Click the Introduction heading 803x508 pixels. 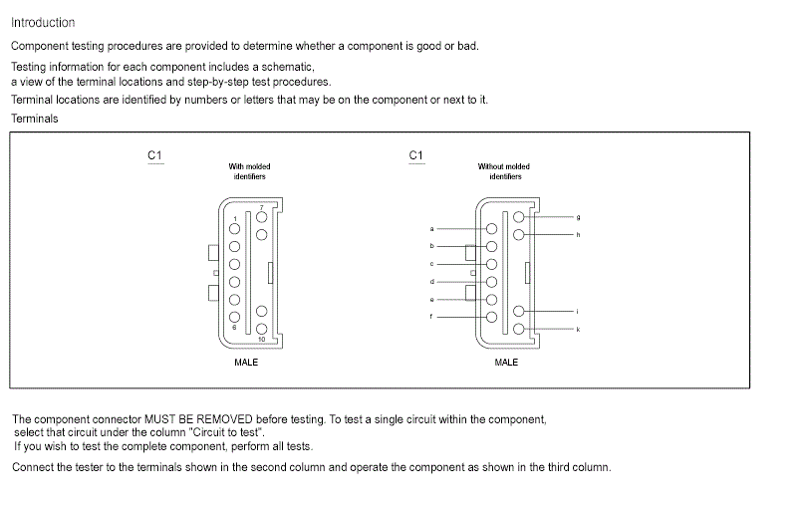pos(43,23)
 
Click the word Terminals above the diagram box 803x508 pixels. pos(35,119)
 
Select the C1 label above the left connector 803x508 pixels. pos(154,155)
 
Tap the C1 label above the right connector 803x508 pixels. pos(416,155)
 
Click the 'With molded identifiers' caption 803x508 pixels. pos(249,171)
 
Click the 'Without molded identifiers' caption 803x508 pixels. pos(505,171)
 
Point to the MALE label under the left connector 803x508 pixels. pos(246,362)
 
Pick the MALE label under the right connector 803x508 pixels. pos(506,362)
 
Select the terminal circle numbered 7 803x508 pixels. pos(262,216)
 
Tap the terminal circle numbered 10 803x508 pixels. pos(261,329)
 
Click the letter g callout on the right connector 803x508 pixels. pos(578,216)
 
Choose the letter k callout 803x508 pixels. pos(578,329)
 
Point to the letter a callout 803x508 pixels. pos(431,229)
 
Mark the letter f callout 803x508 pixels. pos(431,316)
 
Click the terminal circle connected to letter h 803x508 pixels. pos(518,234)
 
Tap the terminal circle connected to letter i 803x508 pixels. pos(518,312)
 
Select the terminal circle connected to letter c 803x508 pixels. pos(491,264)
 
